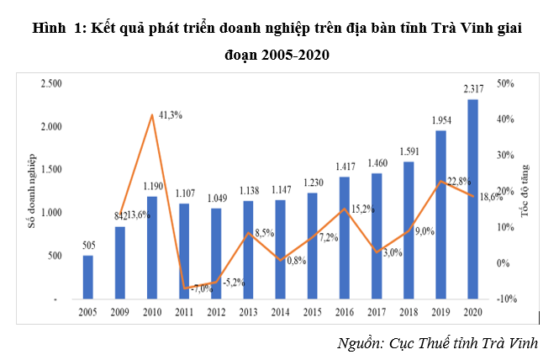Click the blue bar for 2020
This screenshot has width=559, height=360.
[x=473, y=199]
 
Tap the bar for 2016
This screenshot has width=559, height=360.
[x=345, y=238]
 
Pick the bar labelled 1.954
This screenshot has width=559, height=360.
[x=441, y=214]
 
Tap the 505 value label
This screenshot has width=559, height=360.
[x=88, y=246]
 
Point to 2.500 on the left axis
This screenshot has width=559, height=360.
[x=52, y=83]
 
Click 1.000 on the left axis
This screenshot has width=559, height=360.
[x=52, y=213]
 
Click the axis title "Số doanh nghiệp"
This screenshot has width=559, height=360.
[x=32, y=191]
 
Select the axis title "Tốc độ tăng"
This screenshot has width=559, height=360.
[x=527, y=190]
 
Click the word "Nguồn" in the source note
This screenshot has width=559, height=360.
[x=360, y=343]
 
